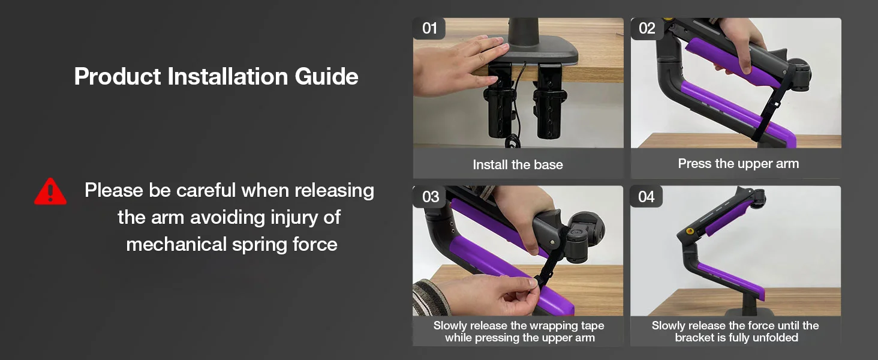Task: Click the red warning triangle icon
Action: [50, 192]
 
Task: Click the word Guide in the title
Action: [326, 76]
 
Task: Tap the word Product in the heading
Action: [117, 76]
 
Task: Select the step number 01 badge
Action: [429, 28]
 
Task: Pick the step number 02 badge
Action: [647, 28]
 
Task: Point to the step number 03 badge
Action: [429, 196]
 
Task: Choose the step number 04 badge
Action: [647, 196]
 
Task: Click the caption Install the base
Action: [518, 164]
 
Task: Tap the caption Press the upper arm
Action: [738, 164]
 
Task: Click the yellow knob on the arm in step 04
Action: [688, 231]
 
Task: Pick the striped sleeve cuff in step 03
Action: [431, 298]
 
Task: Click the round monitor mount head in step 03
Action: [584, 235]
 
